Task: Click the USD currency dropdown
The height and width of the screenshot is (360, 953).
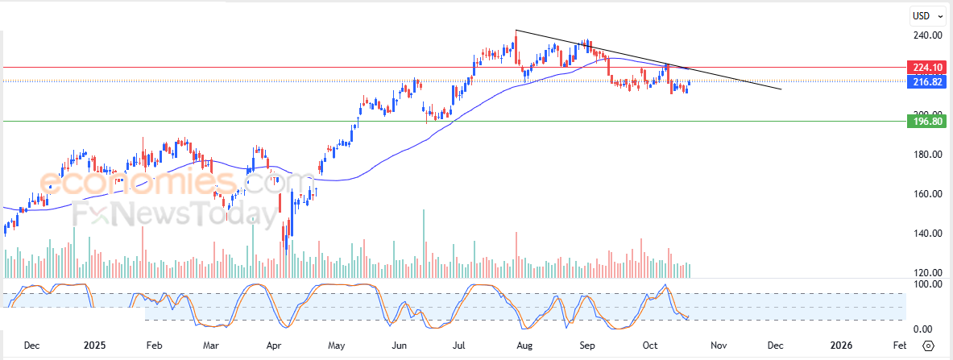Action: click(x=925, y=15)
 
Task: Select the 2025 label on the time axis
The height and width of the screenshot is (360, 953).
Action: click(x=94, y=346)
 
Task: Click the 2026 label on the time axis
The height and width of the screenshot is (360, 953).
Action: click(x=841, y=346)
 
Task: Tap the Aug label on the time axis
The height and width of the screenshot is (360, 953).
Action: click(x=524, y=346)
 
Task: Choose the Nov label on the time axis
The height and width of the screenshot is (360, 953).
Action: click(x=719, y=346)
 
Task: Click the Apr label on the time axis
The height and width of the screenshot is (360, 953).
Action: click(x=274, y=346)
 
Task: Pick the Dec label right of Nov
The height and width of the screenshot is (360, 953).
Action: click(x=775, y=346)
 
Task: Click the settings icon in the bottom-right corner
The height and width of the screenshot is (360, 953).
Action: click(x=929, y=346)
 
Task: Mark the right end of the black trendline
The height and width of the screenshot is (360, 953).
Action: click(x=781, y=89)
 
